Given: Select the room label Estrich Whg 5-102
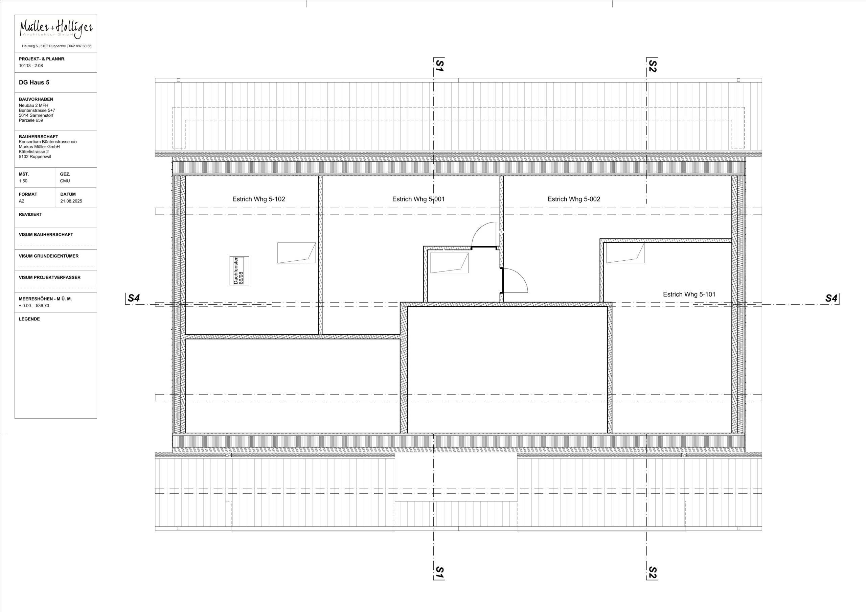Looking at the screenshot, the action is [x=258, y=199].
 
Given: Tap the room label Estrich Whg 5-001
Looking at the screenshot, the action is [x=418, y=199].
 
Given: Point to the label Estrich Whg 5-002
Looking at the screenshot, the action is [x=574, y=199].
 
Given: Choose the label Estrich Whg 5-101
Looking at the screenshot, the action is [x=689, y=295].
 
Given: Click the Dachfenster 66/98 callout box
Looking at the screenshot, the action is [x=239, y=271].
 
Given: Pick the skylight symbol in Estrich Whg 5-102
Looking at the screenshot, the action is [x=296, y=253].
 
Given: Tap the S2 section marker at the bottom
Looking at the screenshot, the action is [x=652, y=572].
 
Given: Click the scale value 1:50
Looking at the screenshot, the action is [x=23, y=181].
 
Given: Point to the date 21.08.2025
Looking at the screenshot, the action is [x=71, y=201].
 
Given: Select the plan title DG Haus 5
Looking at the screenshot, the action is [x=34, y=83].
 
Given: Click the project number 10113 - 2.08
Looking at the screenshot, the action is [x=31, y=66].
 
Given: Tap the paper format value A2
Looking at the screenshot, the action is [x=22, y=201].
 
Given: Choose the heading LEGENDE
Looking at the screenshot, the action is [x=29, y=319].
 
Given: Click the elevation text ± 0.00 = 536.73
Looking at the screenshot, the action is [x=34, y=305].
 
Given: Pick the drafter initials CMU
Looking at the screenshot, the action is [x=65, y=181].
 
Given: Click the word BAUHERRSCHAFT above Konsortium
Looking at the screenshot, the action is [x=39, y=137].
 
